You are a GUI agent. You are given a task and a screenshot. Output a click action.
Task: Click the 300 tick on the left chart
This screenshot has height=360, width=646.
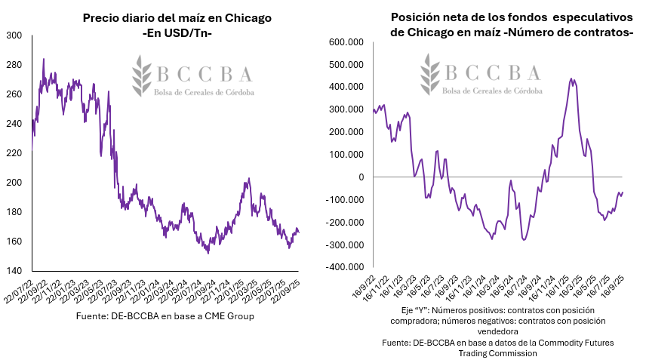tap(15, 35)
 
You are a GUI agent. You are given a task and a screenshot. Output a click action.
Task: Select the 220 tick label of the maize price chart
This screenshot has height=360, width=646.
tap(15, 153)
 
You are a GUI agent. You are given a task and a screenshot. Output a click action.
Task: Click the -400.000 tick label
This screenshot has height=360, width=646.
tap(346, 268)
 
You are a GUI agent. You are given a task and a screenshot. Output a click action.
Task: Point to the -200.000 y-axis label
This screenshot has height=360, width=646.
tap(346, 223)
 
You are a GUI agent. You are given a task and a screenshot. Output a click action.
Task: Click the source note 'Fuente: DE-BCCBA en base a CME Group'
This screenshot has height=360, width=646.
tap(165, 316)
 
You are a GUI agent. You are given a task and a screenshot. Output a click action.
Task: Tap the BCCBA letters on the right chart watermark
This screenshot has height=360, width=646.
tap(492, 72)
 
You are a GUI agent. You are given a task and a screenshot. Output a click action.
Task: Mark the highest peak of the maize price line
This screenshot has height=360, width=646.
tap(43, 59)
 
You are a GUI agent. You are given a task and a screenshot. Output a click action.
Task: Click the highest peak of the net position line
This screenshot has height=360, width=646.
tap(571, 78)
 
